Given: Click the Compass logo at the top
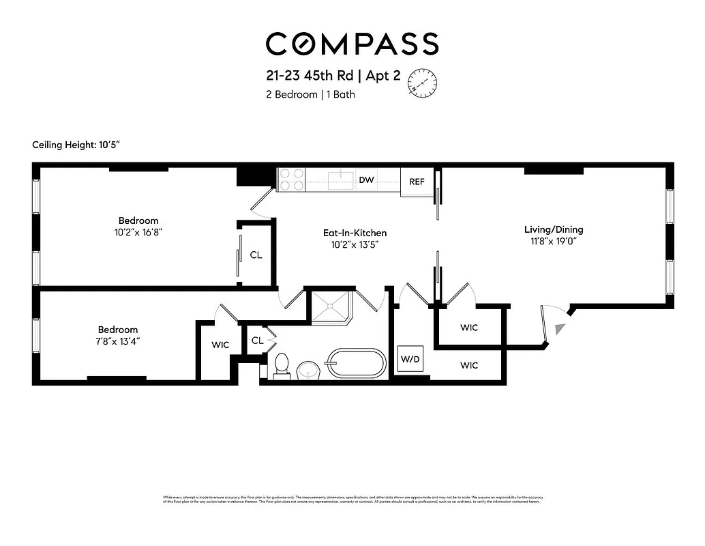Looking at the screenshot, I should tap(352, 44).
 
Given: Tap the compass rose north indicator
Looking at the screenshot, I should tap(421, 83).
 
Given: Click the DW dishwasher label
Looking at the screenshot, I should tap(365, 179).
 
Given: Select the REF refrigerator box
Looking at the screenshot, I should tap(417, 182).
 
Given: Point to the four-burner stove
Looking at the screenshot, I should tap(291, 179).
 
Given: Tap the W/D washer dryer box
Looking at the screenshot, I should tap(410, 359).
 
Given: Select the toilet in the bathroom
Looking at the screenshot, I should tap(281, 366).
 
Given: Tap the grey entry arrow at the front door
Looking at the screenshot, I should tap(560, 330).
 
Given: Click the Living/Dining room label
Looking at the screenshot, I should tap(553, 229).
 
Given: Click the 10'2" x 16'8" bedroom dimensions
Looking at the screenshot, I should tap(138, 232).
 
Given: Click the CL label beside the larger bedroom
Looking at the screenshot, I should tap(256, 255).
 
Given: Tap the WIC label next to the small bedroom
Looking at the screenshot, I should tap(220, 345).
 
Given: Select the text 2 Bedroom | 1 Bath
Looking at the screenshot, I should tap(310, 95).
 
